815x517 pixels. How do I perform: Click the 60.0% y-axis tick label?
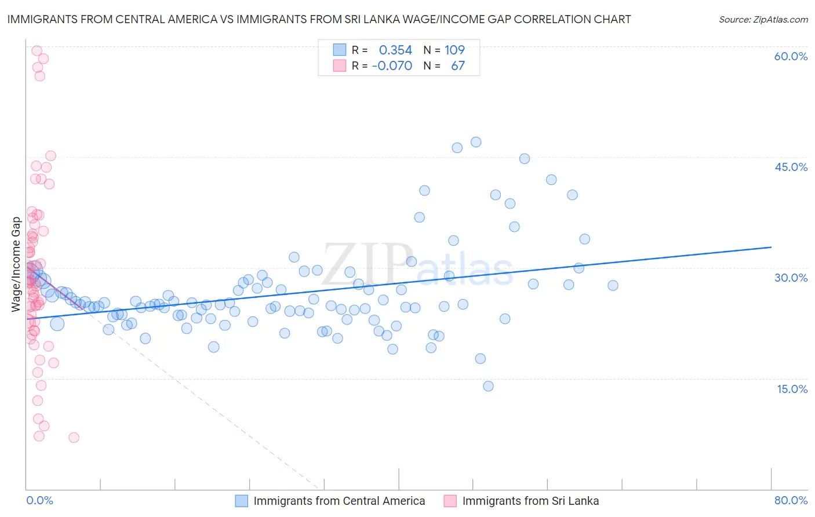[x=791, y=56]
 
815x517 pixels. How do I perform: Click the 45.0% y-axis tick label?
[x=791, y=167]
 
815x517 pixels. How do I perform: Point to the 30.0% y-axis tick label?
[x=791, y=278]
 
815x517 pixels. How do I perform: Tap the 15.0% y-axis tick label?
[x=792, y=389]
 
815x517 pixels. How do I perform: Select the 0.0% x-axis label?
[x=39, y=500]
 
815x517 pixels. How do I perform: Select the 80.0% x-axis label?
[x=791, y=500]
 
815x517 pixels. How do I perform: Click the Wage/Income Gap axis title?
[x=16, y=264]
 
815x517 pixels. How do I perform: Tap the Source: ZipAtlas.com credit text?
[x=763, y=19]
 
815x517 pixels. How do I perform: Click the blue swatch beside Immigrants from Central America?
[x=241, y=501]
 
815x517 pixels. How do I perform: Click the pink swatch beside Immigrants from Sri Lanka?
[x=450, y=501]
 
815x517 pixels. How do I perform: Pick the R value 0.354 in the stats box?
[x=395, y=50]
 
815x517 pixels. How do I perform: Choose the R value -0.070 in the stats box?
[x=392, y=66]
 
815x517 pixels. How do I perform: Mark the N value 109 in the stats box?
[x=454, y=50]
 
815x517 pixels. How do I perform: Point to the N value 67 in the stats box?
[x=457, y=66]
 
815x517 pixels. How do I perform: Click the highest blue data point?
[x=476, y=142]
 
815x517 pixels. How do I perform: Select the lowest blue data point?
[x=488, y=386]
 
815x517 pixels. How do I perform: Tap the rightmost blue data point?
[x=613, y=285]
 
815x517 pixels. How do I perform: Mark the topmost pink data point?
[x=37, y=50]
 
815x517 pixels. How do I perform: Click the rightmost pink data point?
[x=74, y=438]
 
